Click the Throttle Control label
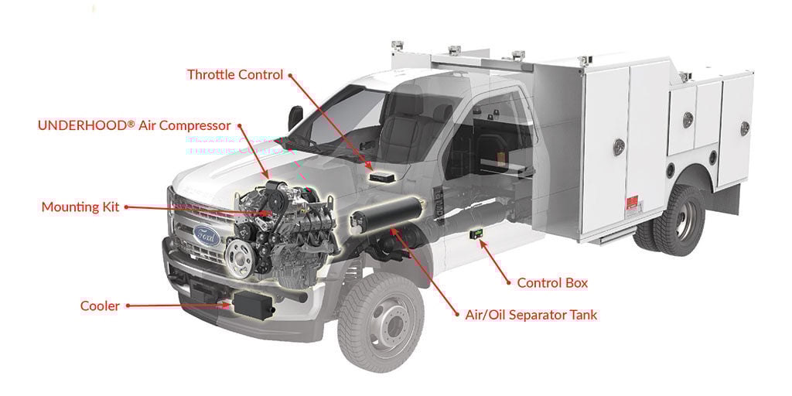(x=236, y=75)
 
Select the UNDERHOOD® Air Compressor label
(x=135, y=125)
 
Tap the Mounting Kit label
(x=80, y=207)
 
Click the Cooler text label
(x=100, y=306)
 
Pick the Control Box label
(x=552, y=283)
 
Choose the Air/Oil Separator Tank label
(x=531, y=315)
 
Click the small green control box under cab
(x=477, y=233)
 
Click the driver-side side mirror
(x=295, y=118)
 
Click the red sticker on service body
(x=633, y=204)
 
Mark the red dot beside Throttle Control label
(x=291, y=75)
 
